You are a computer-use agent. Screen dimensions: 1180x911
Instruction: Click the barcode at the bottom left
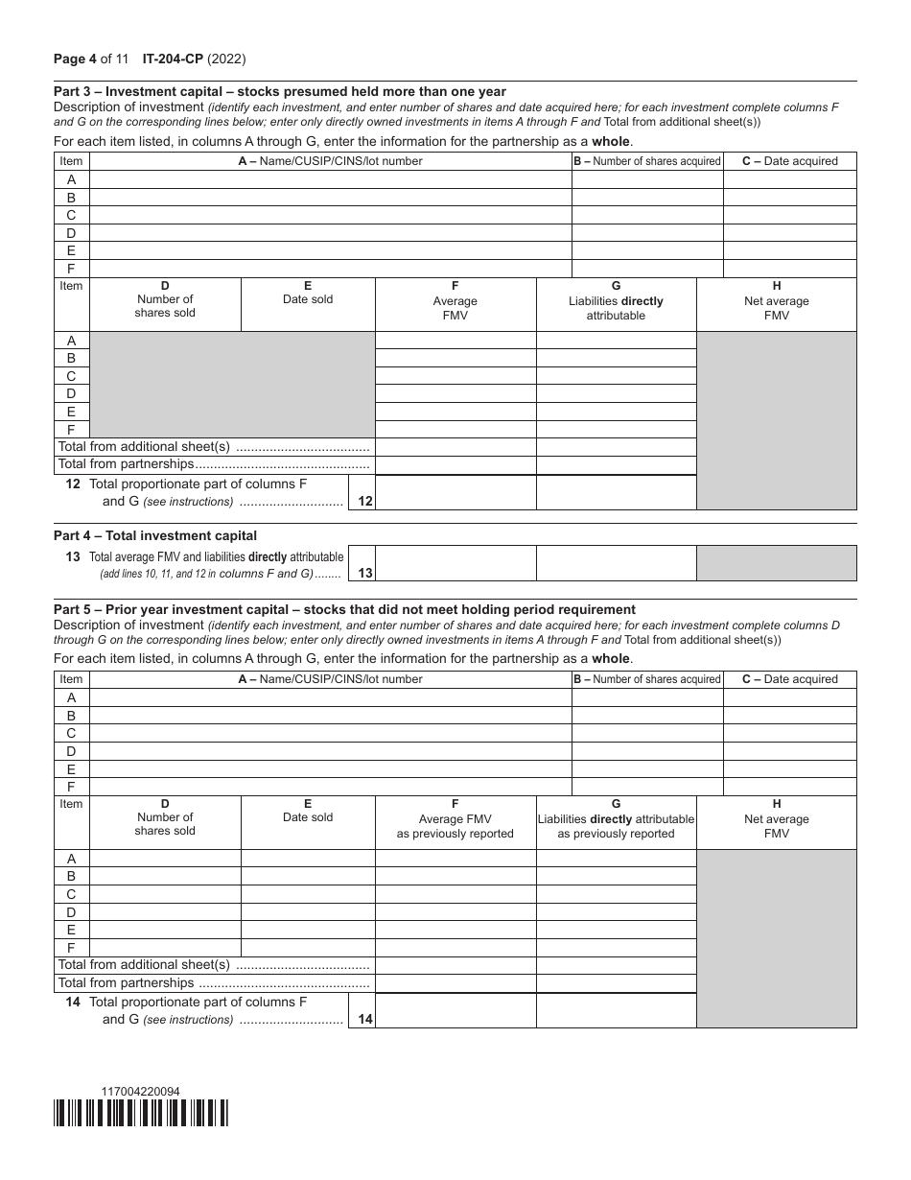[141, 1112]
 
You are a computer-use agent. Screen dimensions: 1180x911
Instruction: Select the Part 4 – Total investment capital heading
[155, 535]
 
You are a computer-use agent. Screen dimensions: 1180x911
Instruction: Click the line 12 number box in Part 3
[362, 500]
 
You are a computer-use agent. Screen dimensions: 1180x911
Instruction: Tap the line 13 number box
[362, 572]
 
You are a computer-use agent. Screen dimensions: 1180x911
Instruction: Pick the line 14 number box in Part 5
[362, 1019]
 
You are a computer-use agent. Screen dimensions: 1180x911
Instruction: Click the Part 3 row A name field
[330, 179]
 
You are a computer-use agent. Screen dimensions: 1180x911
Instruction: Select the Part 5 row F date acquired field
[789, 787]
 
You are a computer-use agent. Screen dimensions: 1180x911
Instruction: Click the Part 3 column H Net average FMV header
[776, 300]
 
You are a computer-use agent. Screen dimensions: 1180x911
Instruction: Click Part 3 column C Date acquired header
[789, 161]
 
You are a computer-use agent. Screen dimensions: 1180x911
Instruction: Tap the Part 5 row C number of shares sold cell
[165, 894]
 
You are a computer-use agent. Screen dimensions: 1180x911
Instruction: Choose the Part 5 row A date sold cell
[308, 859]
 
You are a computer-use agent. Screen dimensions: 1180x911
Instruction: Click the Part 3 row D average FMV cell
[455, 393]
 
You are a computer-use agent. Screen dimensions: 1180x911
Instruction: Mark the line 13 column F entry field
[455, 563]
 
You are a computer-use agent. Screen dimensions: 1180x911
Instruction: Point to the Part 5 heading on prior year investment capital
[344, 609]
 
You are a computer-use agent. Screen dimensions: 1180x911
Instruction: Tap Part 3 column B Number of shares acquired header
[647, 161]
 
